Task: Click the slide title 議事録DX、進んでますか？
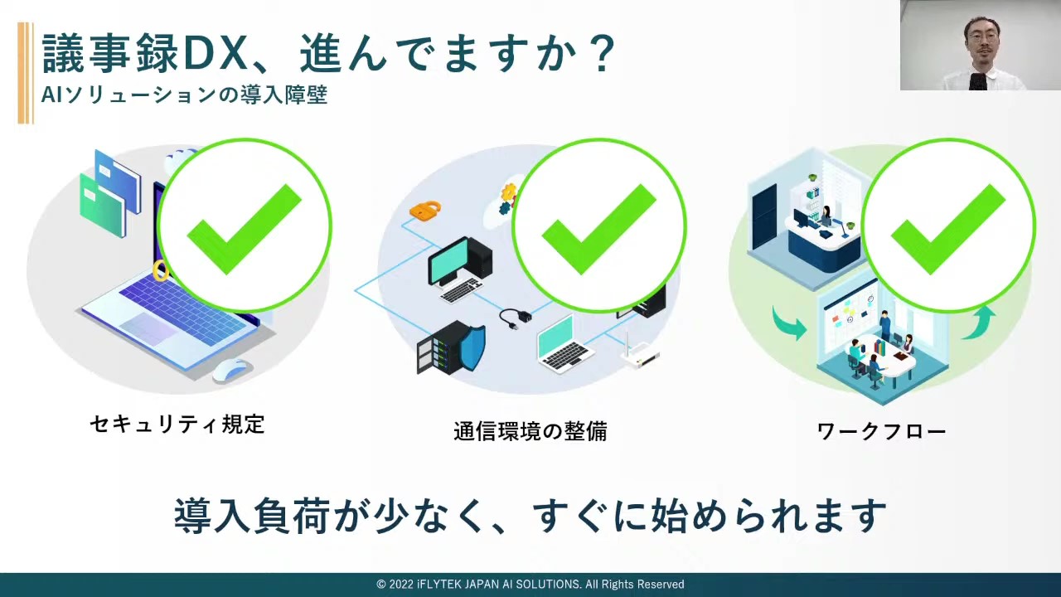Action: pyautogui.click(x=328, y=53)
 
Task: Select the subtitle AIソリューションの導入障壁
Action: pyautogui.click(x=184, y=95)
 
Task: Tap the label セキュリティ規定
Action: pyautogui.click(x=177, y=424)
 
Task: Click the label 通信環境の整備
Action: pyautogui.click(x=530, y=431)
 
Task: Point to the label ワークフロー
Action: pyautogui.click(x=881, y=431)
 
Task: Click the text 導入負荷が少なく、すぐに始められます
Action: pyautogui.click(x=530, y=516)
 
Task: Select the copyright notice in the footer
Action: pyautogui.click(x=530, y=585)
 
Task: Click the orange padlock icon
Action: pyautogui.click(x=425, y=210)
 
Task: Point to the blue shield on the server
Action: pyautogui.click(x=472, y=348)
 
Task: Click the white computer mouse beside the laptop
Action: pyautogui.click(x=230, y=370)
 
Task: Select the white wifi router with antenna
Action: pyautogui.click(x=639, y=353)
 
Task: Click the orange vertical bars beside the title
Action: pyautogui.click(x=26, y=73)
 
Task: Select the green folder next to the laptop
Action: pyautogui.click(x=102, y=204)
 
